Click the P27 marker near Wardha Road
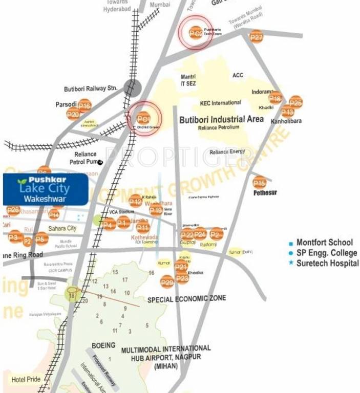[256, 37]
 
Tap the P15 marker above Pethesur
[260, 182]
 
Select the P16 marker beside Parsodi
[84, 106]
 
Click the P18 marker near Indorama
[275, 99]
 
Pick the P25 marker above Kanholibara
[295, 102]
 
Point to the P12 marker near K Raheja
[135, 202]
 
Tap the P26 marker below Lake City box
[13, 210]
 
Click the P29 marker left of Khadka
[167, 281]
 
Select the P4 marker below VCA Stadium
[108, 224]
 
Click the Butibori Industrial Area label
[221, 119]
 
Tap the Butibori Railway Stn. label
[91, 88]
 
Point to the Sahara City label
[62, 228]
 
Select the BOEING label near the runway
[103, 345]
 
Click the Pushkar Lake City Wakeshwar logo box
[45, 189]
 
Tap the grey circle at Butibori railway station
[133, 88]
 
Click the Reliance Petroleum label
[219, 127]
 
